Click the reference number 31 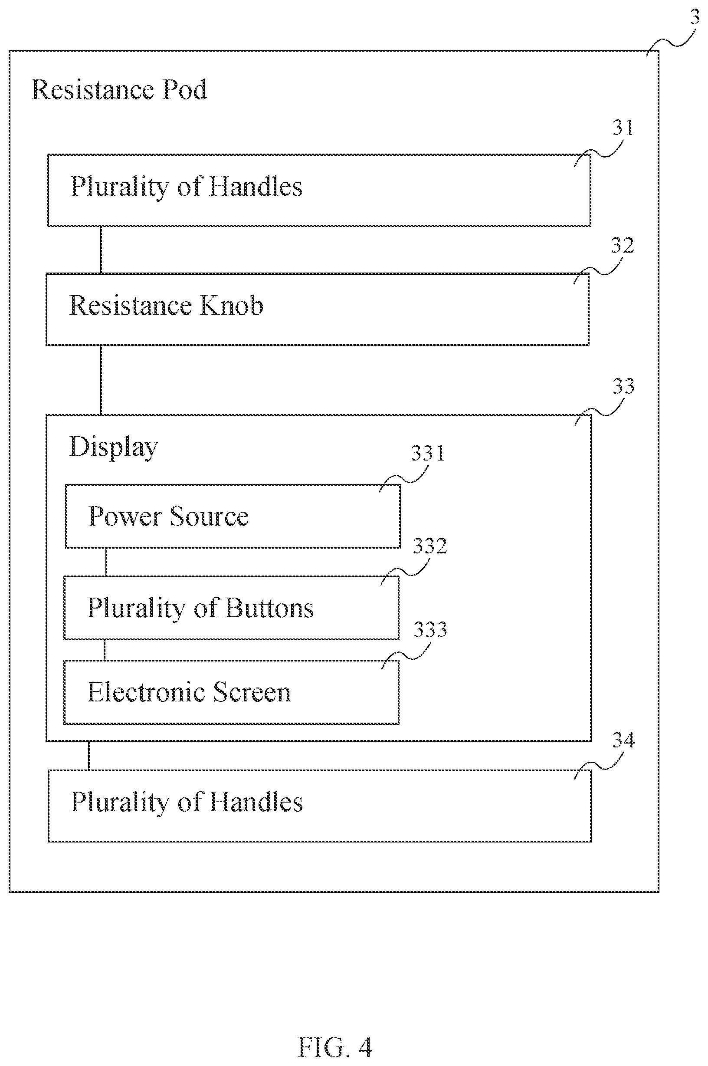tap(623, 128)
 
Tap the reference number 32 tap(623, 246)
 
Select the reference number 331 tap(428, 453)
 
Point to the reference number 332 tap(430, 546)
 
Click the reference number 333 tap(430, 630)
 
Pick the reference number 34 tap(623, 740)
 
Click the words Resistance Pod tap(119, 89)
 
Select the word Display tap(113, 447)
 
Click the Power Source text tap(168, 516)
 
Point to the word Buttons tap(269, 608)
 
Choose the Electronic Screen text tap(189, 692)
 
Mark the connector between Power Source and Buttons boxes tap(106, 562)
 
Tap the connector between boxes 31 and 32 tap(101, 250)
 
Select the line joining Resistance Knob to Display tap(101, 380)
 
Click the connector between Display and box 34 tap(89, 756)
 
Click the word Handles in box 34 tap(256, 802)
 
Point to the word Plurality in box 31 tap(120, 188)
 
